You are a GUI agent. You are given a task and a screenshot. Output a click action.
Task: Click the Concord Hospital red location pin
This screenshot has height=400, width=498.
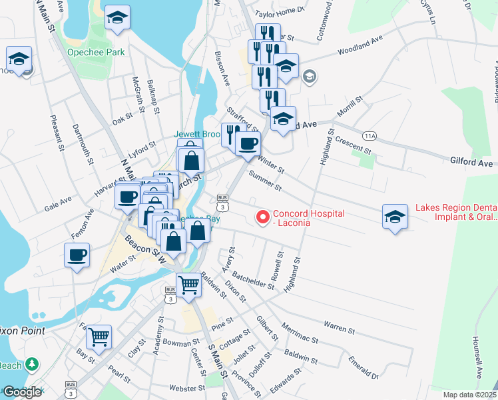pos(262,217)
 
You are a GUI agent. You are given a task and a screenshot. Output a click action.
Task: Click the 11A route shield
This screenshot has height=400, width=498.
pos(370,136)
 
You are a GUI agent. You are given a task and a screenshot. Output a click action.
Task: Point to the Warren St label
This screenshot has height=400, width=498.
pos(340,327)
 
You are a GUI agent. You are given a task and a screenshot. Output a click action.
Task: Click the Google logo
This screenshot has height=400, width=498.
pos(22,391)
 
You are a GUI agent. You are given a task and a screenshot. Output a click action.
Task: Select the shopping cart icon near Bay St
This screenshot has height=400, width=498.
pos(99,337)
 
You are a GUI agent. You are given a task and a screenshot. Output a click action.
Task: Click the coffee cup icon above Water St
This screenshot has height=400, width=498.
pos(77,255)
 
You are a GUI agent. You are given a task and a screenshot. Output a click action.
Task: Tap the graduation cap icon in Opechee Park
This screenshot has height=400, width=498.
pos(118,19)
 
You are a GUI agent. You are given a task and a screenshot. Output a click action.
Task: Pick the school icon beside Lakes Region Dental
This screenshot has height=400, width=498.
pos(395,217)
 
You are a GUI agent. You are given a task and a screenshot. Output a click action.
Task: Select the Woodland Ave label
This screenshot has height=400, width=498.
pos(360,45)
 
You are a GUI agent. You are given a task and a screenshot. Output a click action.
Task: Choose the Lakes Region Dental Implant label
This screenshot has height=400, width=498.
pos(455,213)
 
